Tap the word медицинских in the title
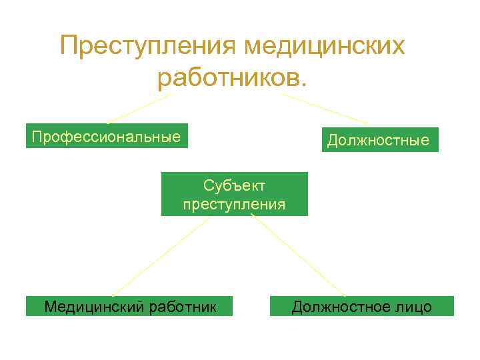(325, 47)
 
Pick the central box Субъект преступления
(235, 194)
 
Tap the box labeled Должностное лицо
(361, 306)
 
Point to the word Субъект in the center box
(235, 185)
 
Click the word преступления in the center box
(235, 204)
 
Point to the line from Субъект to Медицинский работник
(160, 257)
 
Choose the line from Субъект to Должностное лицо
(298, 257)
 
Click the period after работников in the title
(305, 85)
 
